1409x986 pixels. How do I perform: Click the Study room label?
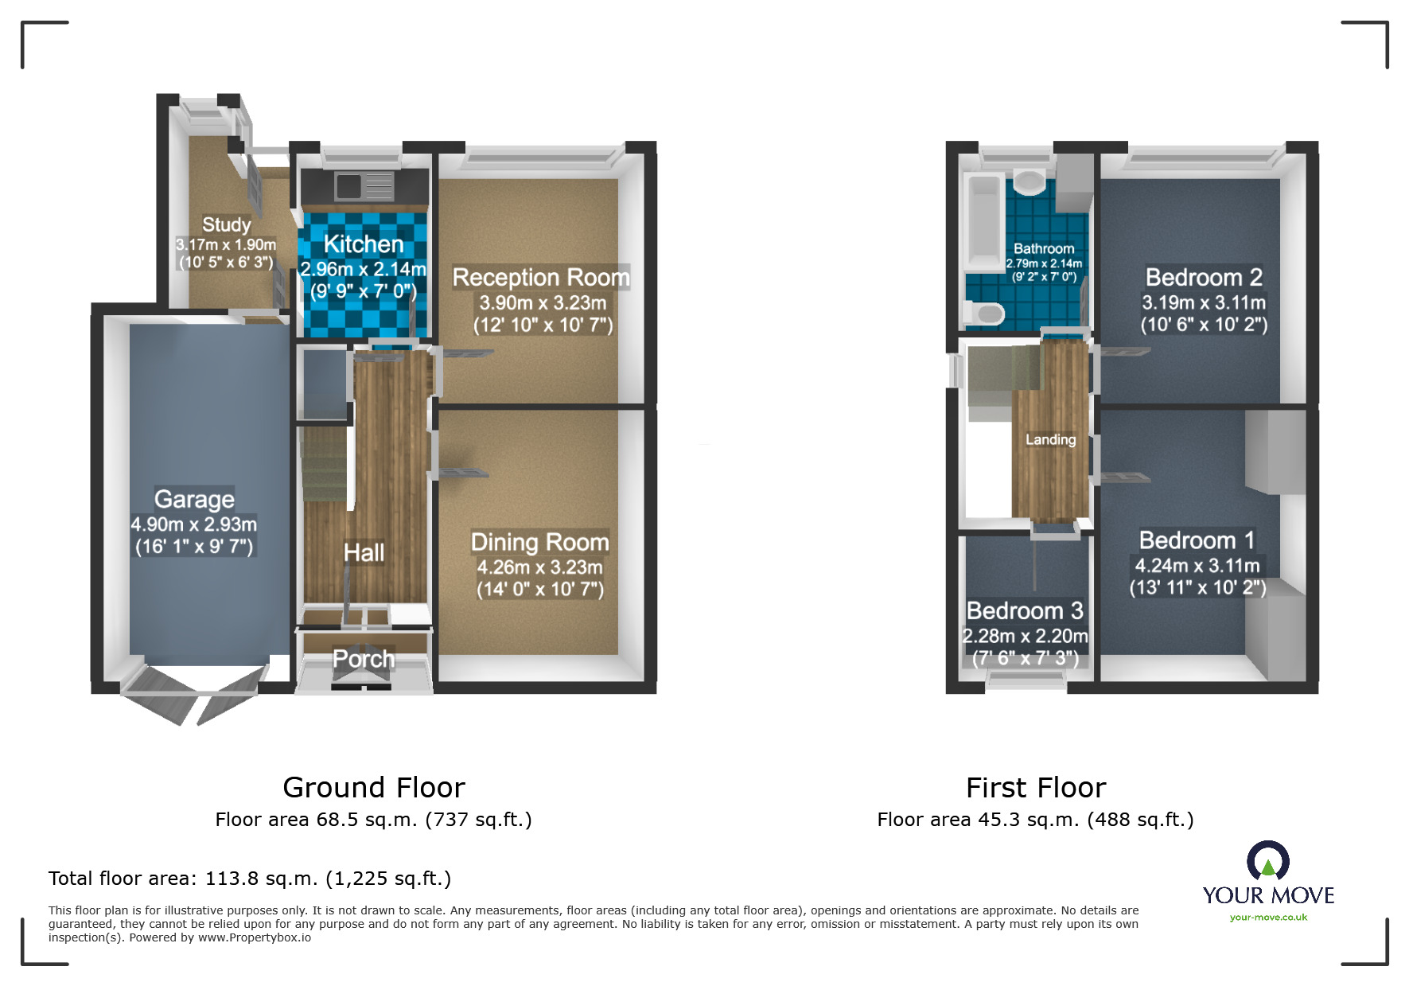(226, 224)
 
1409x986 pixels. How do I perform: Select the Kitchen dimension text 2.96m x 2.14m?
(363, 269)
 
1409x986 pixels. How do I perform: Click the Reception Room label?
(540, 277)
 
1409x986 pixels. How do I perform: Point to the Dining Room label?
(539, 542)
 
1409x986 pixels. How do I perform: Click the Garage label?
(194, 499)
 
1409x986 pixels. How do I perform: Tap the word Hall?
(364, 552)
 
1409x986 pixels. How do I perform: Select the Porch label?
(364, 659)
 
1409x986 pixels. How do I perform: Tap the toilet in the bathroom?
(983, 313)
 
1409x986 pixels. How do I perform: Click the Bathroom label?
(1044, 248)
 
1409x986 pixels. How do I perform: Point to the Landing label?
(1050, 439)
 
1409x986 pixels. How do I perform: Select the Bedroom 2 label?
(1204, 277)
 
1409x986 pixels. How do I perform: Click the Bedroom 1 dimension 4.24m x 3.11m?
(1197, 566)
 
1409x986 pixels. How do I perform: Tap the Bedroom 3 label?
(1025, 610)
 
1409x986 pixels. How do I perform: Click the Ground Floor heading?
(373, 787)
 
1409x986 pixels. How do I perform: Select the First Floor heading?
(1035, 787)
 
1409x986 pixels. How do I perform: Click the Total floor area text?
(249, 878)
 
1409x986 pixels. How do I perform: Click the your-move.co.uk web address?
(1268, 917)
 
